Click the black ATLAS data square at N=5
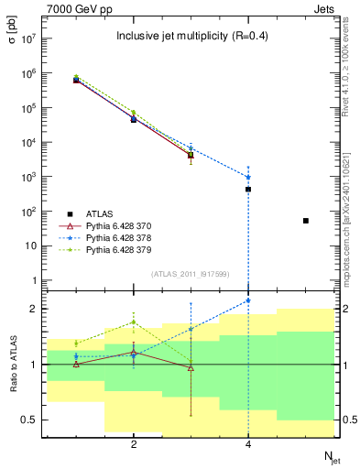(x=306, y=221)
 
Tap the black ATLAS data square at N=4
(x=248, y=189)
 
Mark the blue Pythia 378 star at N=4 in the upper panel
(x=248, y=177)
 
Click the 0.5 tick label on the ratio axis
(x=27, y=420)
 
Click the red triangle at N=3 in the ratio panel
(x=191, y=368)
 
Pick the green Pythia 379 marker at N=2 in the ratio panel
(x=134, y=322)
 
